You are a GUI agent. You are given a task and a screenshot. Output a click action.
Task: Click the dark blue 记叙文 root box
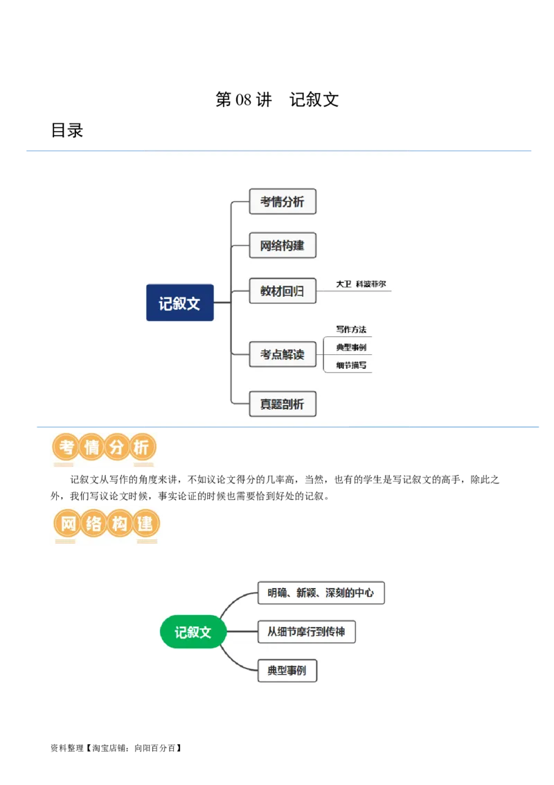tap(179, 303)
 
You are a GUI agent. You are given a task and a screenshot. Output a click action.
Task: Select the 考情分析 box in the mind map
tap(283, 202)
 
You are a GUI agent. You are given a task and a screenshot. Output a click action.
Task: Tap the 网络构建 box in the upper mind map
tap(283, 245)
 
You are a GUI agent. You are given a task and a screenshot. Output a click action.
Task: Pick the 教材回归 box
tap(283, 291)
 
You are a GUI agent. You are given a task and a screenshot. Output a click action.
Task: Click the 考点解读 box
tap(283, 354)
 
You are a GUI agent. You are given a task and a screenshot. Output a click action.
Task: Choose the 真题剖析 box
tap(283, 404)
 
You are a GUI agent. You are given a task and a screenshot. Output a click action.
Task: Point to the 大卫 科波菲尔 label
tap(361, 284)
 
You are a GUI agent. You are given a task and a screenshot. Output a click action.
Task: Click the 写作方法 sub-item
tap(351, 329)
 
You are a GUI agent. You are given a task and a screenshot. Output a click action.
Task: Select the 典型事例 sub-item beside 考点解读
tap(351, 347)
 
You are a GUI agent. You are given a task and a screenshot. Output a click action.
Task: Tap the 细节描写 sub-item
tap(351, 365)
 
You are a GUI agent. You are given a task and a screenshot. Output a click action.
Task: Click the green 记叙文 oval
tap(193, 632)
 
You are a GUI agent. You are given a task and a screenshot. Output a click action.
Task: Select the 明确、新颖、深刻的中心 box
tap(321, 593)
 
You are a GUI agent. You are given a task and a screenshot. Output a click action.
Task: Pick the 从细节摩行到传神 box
tap(306, 632)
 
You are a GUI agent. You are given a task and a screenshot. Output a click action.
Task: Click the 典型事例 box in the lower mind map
tap(287, 671)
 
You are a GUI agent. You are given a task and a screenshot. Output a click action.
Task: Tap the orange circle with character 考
tap(66, 448)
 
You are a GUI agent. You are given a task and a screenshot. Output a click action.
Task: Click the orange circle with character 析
tap(141, 448)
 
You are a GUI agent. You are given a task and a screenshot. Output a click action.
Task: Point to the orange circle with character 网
tap(68, 524)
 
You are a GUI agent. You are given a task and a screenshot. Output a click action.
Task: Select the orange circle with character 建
tap(144, 524)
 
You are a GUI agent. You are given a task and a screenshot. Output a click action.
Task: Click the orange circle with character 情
tap(91, 448)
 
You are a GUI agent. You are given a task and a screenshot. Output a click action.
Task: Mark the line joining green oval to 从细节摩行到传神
tap(242, 632)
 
